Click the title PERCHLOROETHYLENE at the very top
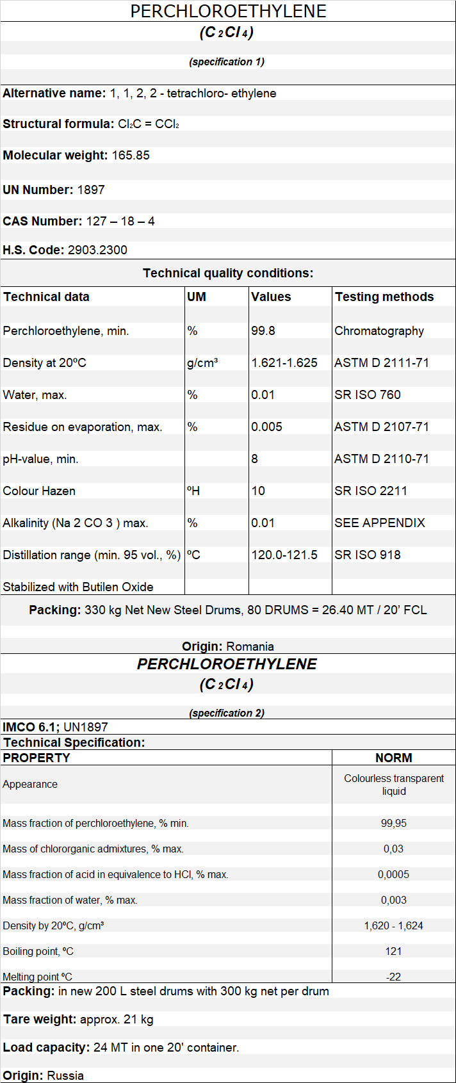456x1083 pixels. tap(228, 11)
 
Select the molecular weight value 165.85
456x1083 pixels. tap(131, 156)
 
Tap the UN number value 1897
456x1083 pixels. tap(91, 190)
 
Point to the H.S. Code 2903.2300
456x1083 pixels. tap(97, 250)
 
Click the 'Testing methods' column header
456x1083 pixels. tap(384, 297)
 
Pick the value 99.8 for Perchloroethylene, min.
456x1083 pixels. tap(263, 331)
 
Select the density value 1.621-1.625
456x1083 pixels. tap(284, 363)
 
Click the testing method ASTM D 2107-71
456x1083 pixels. tap(382, 427)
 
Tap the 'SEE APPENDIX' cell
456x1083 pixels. tap(380, 523)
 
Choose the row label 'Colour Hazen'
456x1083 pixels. tap(39, 491)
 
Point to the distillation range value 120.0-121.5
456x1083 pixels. tap(284, 555)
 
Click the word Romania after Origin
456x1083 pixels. tap(250, 647)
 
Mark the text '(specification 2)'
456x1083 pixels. tap(227, 713)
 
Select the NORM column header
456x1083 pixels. tap(394, 758)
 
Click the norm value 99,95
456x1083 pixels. tap(394, 824)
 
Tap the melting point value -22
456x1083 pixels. tap(394, 977)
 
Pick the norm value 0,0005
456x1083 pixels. tap(394, 875)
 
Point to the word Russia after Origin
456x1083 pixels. tap(65, 1075)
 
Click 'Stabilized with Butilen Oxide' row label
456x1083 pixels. tap(78, 587)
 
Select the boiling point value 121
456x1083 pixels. tap(394, 952)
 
